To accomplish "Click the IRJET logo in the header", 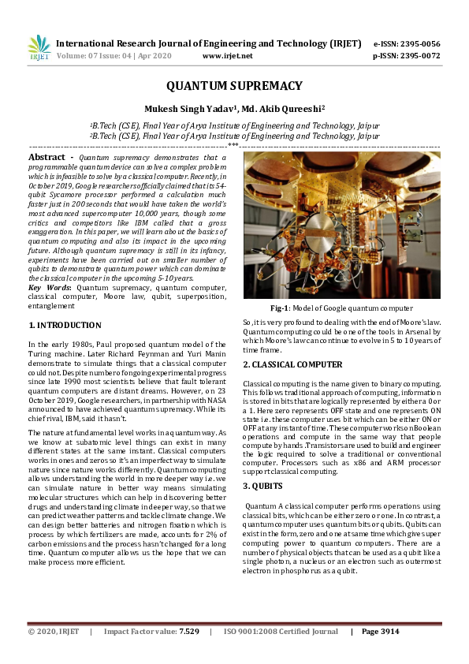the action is [39, 48].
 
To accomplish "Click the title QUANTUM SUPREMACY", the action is [234, 85].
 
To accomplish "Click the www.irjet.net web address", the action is [228, 56].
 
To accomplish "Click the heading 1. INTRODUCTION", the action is [65, 325].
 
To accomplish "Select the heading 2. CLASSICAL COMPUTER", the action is [292, 365].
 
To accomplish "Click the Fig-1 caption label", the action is [281, 308].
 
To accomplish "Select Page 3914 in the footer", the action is [381, 632].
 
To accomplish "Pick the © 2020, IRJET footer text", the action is [54, 632].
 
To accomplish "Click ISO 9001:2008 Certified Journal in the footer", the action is [281, 632].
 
